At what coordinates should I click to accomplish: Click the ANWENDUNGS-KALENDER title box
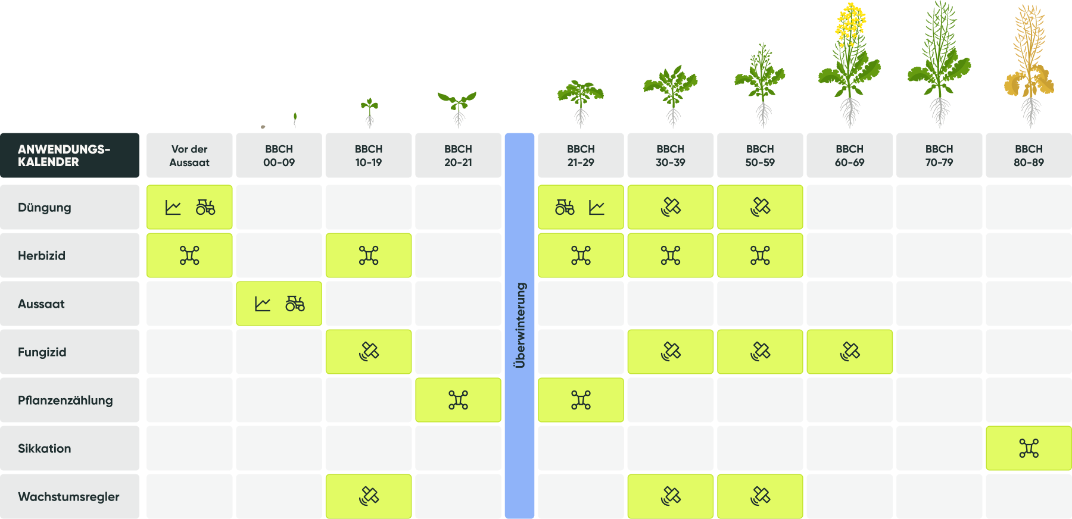pos(70,155)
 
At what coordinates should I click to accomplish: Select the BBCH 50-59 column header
pos(760,155)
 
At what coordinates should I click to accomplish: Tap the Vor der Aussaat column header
pos(189,155)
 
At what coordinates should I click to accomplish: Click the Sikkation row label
pos(45,449)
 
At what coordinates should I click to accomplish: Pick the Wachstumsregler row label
pos(68,497)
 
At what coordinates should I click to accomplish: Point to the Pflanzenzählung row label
pos(66,401)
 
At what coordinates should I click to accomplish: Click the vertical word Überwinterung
pos(520,326)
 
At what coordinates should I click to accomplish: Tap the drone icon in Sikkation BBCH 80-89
pos(1029,448)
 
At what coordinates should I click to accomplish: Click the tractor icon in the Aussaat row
pos(295,304)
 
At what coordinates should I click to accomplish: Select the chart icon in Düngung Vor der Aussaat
pos(173,207)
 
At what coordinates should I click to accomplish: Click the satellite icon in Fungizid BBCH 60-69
pos(850,352)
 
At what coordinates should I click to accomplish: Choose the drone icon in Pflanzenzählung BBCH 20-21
pos(458,400)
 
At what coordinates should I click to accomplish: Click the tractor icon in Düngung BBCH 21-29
pos(565,207)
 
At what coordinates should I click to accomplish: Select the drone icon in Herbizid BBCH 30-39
pos(671,255)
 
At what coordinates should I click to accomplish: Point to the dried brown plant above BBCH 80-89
pos(1029,65)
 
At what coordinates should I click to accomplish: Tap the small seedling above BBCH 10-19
pos(369,112)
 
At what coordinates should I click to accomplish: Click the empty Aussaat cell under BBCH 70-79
pos(939,304)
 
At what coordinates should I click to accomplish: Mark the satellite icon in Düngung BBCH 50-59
pos(761,207)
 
